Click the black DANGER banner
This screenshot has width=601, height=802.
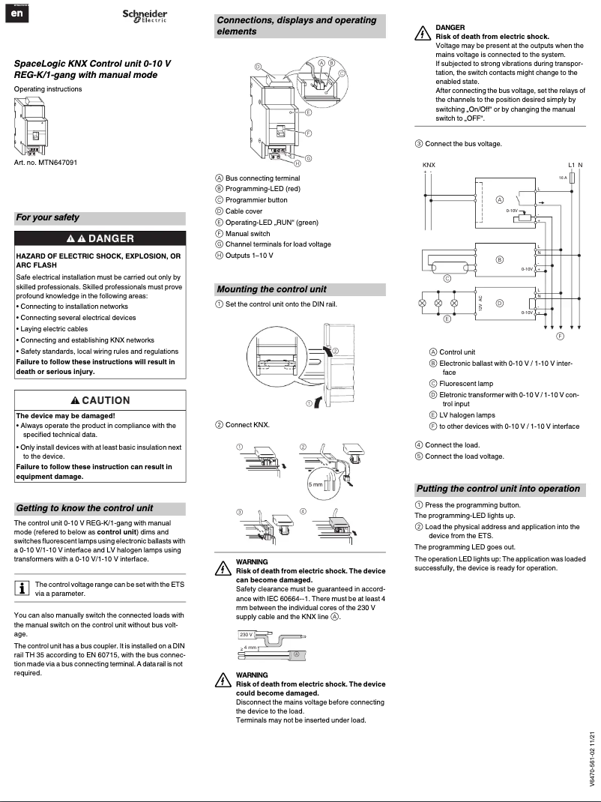point(100,239)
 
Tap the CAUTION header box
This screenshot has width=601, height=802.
point(100,400)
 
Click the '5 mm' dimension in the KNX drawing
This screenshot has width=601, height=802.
point(316,485)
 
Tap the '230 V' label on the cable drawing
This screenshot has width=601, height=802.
point(247,634)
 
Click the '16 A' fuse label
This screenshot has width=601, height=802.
point(563,178)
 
